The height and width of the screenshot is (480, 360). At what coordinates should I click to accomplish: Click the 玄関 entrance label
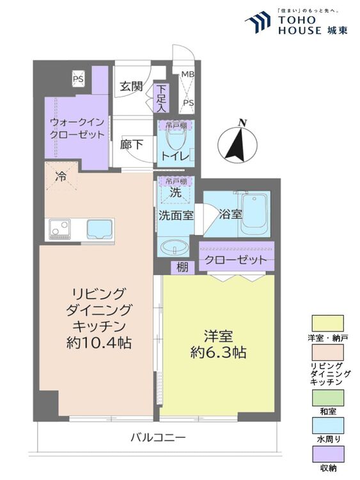[x=131, y=86]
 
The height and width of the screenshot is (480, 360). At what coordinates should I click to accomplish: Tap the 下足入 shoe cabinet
[x=160, y=98]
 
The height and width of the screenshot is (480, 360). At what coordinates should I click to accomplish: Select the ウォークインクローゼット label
[x=77, y=129]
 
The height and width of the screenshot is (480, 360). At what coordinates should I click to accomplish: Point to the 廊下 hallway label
[x=132, y=145]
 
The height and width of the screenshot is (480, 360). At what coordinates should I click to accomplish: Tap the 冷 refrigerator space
[x=61, y=177]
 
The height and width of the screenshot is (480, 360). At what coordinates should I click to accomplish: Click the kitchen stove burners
[x=58, y=229]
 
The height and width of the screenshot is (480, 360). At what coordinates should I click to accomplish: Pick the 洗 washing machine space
[x=176, y=192]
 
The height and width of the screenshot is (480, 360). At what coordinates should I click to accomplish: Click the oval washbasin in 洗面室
[x=175, y=246]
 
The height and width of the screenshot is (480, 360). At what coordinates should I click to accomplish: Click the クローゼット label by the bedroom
[x=236, y=260]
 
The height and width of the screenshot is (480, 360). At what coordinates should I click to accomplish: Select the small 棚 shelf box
[x=182, y=268]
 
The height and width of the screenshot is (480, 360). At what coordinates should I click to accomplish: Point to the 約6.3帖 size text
[x=219, y=353]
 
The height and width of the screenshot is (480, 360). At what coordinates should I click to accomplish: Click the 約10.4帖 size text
[x=99, y=343]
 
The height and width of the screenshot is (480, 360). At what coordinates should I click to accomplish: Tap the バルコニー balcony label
[x=158, y=437]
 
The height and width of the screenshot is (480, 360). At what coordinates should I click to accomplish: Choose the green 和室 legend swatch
[x=327, y=397]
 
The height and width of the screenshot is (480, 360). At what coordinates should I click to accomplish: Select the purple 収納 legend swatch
[x=327, y=454]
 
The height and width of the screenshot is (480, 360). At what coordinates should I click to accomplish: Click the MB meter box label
[x=187, y=74]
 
